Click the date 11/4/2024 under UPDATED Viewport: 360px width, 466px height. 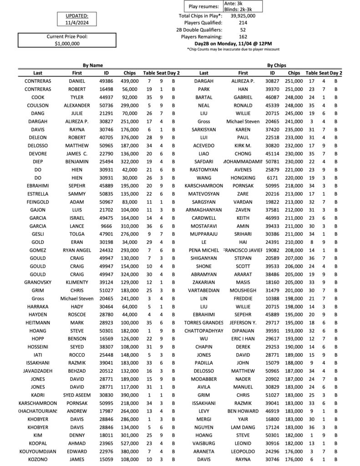pyautogui.click(x=74, y=22)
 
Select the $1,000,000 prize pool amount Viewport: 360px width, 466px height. pyautogui.click(x=67, y=43)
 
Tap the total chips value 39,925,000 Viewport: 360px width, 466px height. pyautogui.click(x=243, y=15)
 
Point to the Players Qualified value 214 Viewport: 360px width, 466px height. pyautogui.click(x=243, y=22)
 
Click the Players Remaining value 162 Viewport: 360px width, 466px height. pyautogui.click(x=243, y=36)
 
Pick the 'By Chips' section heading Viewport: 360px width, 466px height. pyautogui.click(x=276, y=66)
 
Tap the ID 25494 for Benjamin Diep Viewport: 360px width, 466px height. pyautogui.click(x=106, y=162)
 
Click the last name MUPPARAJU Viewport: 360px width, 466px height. pyautogui.click(x=204, y=234)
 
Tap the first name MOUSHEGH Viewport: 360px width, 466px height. pyautogui.click(x=243, y=290)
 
